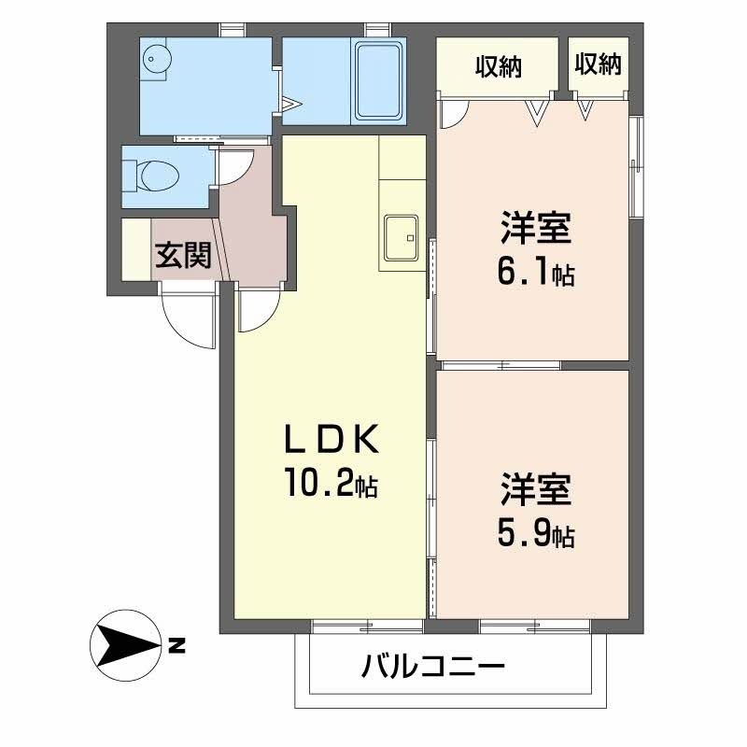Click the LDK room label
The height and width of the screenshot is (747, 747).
pos(331,437)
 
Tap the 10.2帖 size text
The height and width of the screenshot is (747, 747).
pos(331,484)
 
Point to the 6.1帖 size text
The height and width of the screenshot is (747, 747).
pos(536,273)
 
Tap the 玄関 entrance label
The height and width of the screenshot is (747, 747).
pos(182,254)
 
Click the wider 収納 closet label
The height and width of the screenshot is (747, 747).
pos(498,66)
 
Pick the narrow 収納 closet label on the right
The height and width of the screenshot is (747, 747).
pos(598,64)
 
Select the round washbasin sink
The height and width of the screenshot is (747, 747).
pos(155,57)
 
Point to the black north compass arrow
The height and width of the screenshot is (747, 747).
pos(125,643)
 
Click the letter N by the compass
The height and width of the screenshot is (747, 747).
pos(176,644)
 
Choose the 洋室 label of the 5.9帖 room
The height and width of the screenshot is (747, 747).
pos(536,490)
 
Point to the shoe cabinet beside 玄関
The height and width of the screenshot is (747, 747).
pos(135,248)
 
